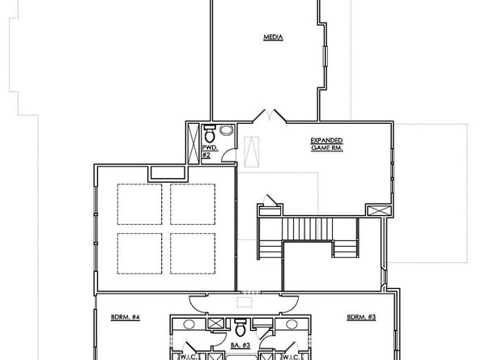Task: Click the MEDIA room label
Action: pyautogui.click(x=273, y=37)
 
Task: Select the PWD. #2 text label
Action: pyautogui.click(x=206, y=151)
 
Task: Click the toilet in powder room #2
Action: pyautogui.click(x=208, y=130)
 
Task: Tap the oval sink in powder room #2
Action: pyautogui.click(x=227, y=129)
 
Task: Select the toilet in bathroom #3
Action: pyautogui.click(x=240, y=328)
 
